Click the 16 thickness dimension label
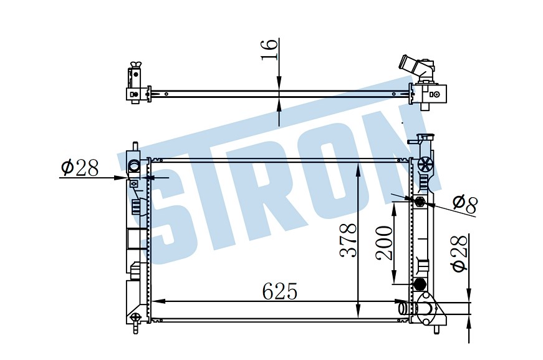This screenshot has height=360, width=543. [x=270, y=49]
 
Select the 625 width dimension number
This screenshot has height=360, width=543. [x=280, y=291]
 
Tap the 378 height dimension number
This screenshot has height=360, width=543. [x=348, y=240]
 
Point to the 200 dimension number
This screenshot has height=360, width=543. [x=384, y=243]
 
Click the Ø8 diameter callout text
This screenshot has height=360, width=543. [x=464, y=204]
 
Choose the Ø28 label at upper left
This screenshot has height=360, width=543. [x=80, y=167]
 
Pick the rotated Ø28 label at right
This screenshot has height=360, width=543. [x=459, y=254]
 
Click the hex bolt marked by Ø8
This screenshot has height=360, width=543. [x=420, y=201]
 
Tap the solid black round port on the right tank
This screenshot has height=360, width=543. [x=420, y=284]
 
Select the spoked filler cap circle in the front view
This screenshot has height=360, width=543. [x=425, y=164]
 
